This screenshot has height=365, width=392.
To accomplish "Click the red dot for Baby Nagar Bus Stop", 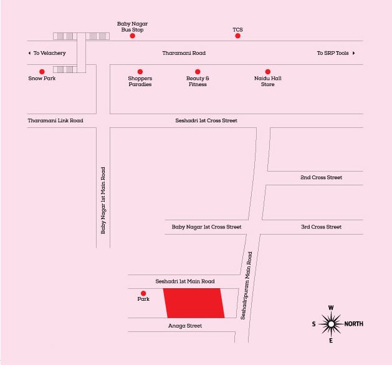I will (x=132, y=36).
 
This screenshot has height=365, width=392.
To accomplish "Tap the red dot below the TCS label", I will (x=237, y=36).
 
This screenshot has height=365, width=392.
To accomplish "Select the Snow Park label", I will (x=42, y=79).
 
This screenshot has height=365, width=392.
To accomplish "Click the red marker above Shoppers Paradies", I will (x=140, y=72).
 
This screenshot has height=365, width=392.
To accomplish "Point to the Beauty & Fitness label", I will (x=198, y=81).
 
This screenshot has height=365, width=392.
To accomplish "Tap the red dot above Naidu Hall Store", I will (x=268, y=72).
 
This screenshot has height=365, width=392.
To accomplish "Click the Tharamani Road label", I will (x=184, y=53).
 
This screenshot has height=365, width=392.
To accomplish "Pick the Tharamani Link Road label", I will (x=55, y=120).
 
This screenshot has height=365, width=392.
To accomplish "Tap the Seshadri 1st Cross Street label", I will (x=206, y=120).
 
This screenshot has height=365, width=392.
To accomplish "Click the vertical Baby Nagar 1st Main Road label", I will (x=103, y=200).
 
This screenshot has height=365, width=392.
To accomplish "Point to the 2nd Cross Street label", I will (x=321, y=177).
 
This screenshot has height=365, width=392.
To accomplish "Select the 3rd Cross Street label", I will (x=321, y=227).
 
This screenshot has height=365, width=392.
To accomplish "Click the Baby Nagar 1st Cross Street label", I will (x=206, y=227).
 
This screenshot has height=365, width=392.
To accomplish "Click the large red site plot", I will (x=194, y=303).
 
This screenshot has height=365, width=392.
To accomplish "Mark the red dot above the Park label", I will (x=143, y=293).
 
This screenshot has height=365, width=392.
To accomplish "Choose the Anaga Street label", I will (x=185, y=326).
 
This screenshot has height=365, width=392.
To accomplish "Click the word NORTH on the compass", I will (x=353, y=324).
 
